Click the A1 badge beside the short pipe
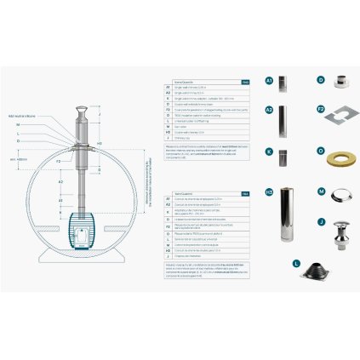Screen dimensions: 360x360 [x=270, y=82]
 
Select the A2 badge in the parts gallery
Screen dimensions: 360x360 [x=270, y=111]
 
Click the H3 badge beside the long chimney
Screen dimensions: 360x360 [x=270, y=192]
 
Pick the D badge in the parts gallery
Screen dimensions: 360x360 [x=321, y=82]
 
